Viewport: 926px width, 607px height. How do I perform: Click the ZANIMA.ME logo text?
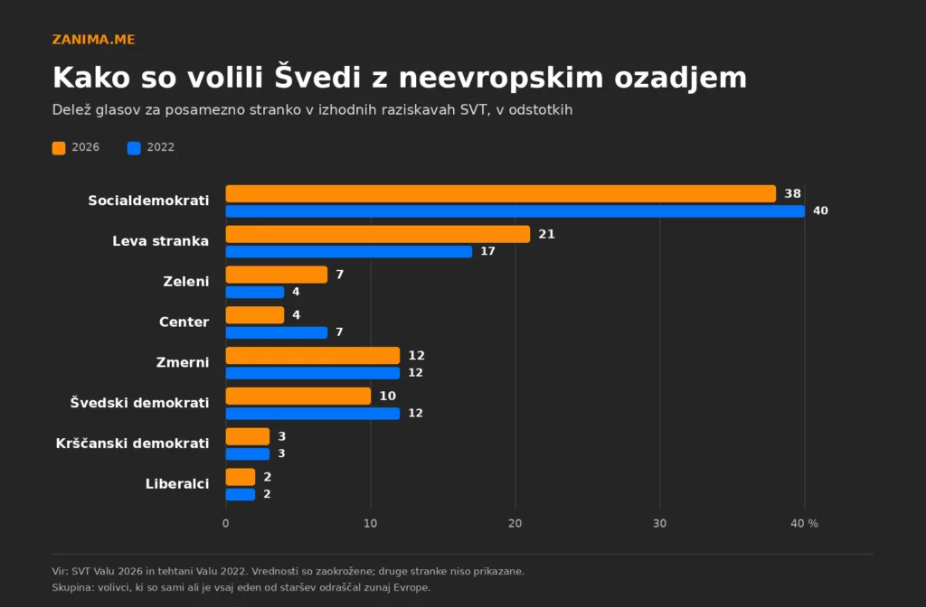(93, 40)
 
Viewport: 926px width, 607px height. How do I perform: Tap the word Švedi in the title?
(317, 77)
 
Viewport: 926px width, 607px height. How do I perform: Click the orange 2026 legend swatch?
(59, 147)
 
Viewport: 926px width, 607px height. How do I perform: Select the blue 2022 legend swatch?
(134, 147)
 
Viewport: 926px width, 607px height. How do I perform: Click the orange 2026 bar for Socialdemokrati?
(501, 193)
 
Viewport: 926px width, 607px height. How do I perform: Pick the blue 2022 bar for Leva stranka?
(349, 252)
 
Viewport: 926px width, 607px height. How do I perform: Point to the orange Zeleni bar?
(277, 275)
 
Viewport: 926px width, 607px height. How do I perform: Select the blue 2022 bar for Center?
(277, 332)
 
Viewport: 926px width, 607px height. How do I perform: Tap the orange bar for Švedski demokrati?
(298, 396)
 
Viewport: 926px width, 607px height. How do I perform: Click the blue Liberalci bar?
(241, 494)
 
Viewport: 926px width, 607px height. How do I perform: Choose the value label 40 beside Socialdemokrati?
(820, 210)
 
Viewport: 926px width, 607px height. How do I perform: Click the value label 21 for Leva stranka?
(546, 234)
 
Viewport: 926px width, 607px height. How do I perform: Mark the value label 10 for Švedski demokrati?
(387, 396)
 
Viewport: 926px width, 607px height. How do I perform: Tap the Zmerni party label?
(183, 362)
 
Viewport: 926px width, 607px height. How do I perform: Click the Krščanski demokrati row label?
(132, 443)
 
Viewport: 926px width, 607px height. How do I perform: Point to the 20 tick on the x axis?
(515, 523)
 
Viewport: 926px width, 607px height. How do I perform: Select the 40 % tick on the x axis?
(804, 523)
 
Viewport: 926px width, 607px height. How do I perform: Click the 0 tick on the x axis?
(225, 523)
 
